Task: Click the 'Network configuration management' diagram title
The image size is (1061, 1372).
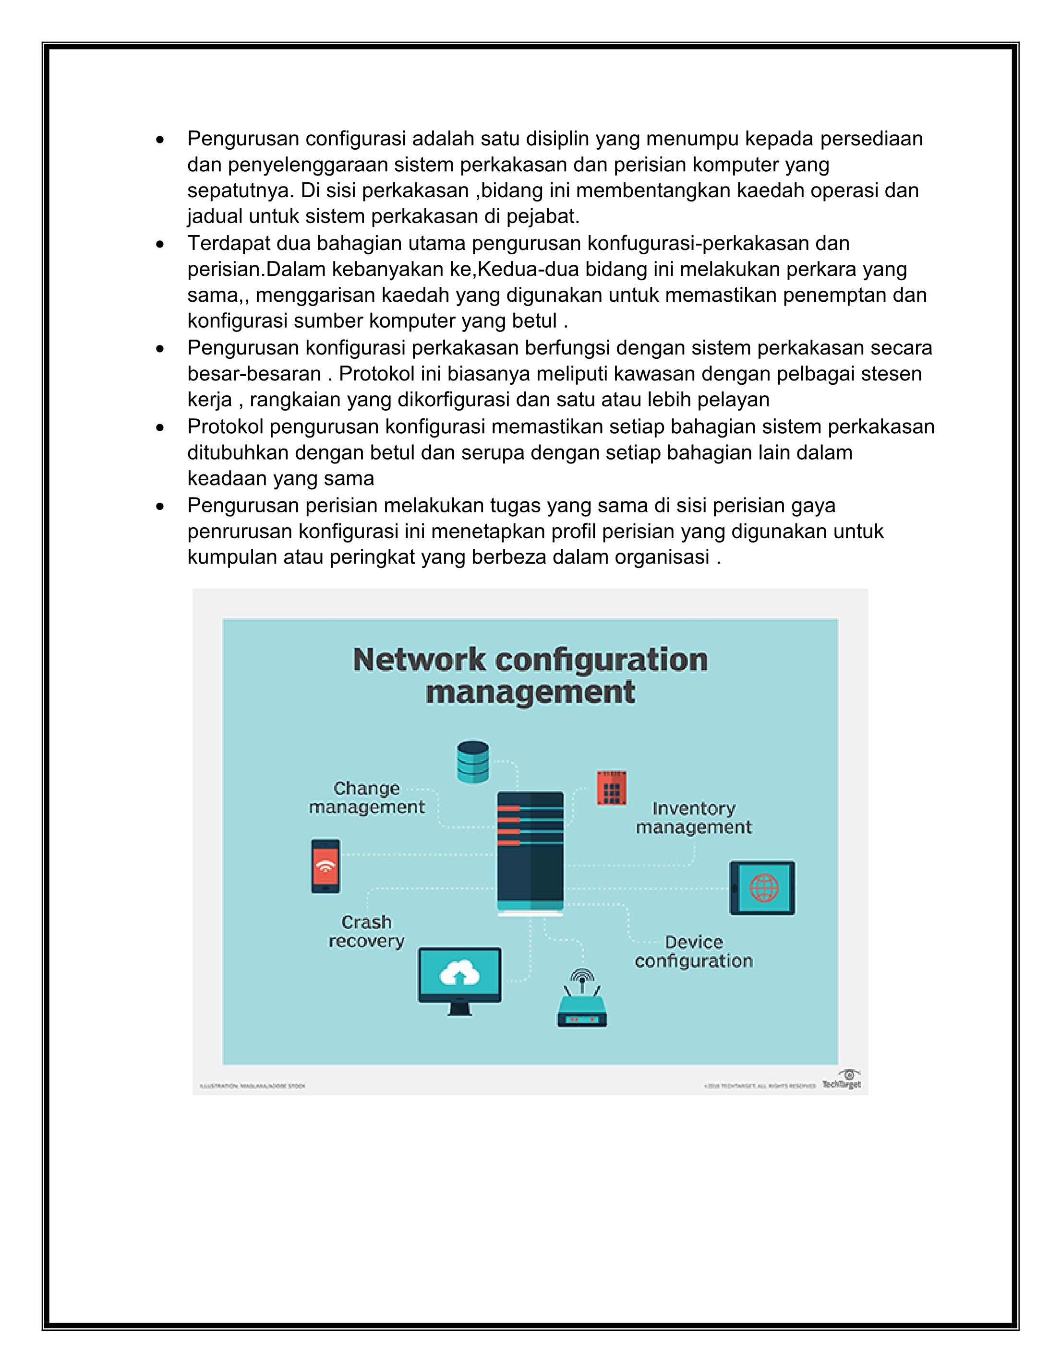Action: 530,676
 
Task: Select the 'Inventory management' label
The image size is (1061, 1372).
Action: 693,817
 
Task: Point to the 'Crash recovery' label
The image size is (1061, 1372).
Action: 366,931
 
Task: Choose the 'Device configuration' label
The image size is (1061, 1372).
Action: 693,951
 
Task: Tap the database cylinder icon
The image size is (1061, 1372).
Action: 473,761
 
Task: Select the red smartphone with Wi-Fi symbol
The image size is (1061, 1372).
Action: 326,866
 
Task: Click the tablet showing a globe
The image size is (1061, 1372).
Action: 762,887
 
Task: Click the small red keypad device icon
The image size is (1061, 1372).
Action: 611,788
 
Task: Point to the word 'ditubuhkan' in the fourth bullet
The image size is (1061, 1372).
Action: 238,452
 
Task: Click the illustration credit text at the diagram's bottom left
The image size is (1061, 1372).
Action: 253,1086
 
